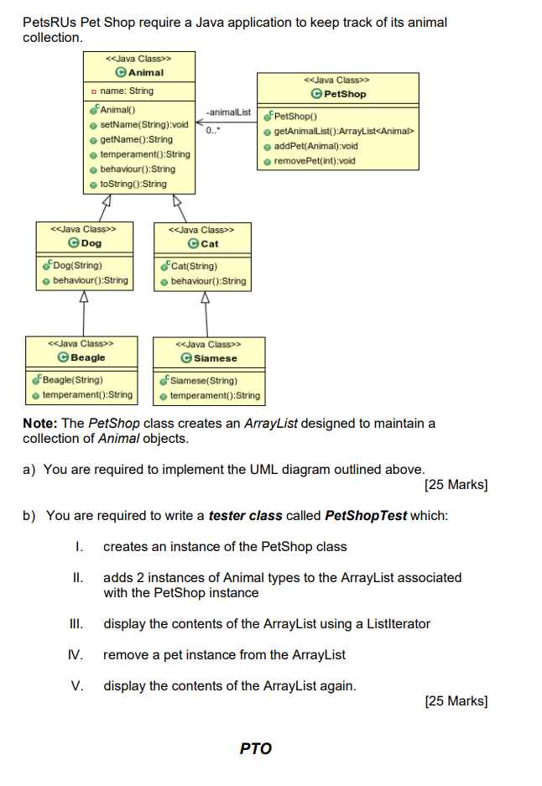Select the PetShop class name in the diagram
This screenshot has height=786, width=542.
tap(344, 94)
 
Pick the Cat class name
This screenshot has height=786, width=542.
tap(209, 244)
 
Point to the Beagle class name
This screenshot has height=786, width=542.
tap(87, 357)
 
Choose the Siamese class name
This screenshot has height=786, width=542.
tap(215, 358)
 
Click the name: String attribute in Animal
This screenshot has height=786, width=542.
tap(126, 91)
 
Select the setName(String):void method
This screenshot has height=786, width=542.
tap(143, 124)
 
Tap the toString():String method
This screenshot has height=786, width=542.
tap(133, 185)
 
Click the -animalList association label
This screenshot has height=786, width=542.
tap(228, 112)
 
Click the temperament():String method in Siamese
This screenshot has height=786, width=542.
tap(215, 395)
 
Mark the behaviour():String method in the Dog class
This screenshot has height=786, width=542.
tap(91, 280)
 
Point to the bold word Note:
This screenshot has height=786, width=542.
tap(39, 423)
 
